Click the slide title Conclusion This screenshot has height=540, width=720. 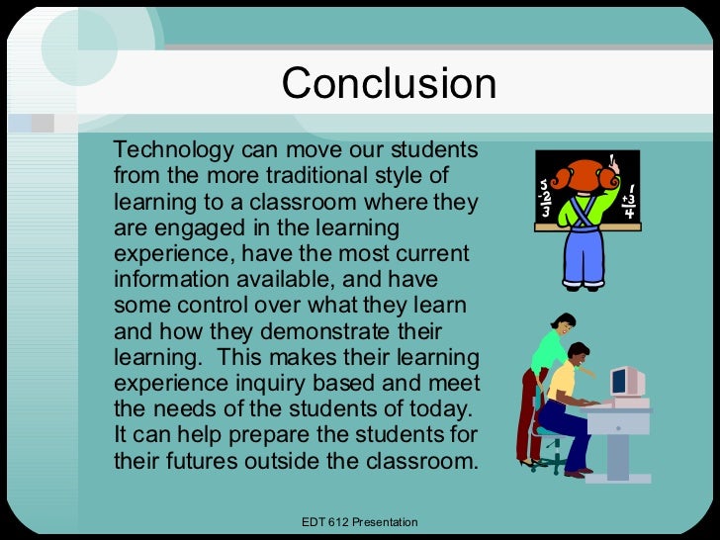(x=389, y=84)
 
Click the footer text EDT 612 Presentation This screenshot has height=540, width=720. (x=359, y=522)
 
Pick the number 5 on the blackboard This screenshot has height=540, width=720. (x=543, y=184)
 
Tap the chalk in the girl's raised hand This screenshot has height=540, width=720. (x=613, y=159)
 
